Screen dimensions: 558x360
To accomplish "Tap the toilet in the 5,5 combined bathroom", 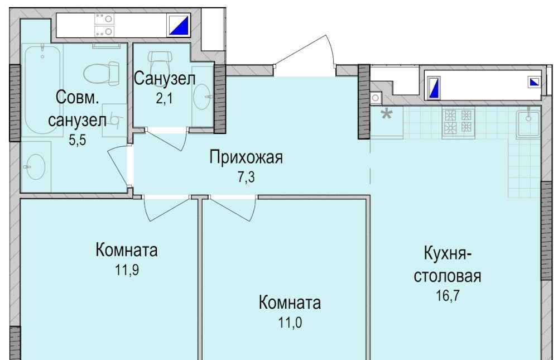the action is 102,73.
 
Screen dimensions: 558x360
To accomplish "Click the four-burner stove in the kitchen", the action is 458,122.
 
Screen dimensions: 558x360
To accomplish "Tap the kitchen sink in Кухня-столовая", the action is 528,123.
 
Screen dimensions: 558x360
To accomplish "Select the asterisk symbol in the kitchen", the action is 386,114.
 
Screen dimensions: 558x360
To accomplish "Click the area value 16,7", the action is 448,296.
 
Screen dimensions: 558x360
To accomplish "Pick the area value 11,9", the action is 127,270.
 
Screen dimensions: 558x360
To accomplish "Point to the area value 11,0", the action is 290,323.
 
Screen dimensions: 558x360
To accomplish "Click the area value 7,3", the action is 246,176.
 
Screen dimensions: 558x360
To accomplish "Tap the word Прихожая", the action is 246,157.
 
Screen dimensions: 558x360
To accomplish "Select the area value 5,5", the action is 77,140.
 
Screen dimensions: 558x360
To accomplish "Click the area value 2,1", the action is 164,98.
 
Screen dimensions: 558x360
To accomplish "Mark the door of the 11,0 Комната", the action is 233,208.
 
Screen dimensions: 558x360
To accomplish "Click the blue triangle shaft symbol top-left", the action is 179,25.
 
